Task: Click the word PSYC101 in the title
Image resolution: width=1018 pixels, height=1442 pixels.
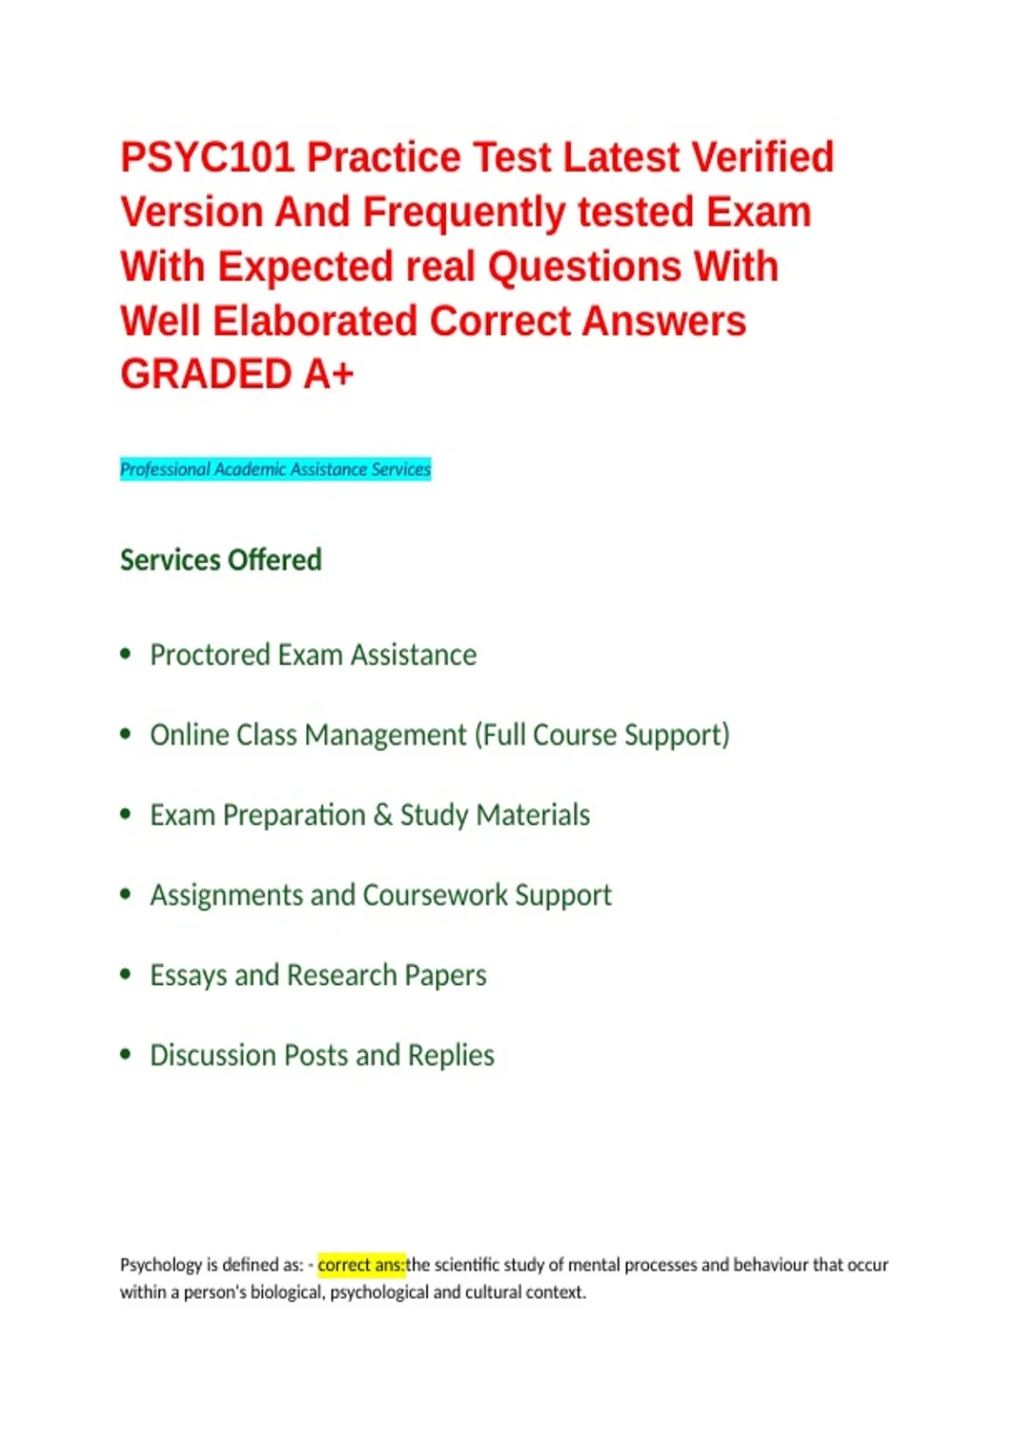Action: coord(207,157)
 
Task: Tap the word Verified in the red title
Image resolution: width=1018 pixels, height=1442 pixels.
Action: coord(763,157)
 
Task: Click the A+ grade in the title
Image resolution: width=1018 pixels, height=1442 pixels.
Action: coord(328,374)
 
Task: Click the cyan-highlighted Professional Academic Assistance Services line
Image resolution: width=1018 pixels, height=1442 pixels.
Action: coord(275,469)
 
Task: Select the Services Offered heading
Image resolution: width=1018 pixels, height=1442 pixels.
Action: coord(221,560)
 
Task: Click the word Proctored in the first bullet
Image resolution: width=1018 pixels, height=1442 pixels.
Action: coord(210,655)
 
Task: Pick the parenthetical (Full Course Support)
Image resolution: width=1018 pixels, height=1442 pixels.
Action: coord(602,735)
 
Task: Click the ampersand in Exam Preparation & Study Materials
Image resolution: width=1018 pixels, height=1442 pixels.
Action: coord(383,815)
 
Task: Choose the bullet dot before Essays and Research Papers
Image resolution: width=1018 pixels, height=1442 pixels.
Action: coord(126,975)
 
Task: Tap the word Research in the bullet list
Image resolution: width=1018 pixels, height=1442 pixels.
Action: coord(342,975)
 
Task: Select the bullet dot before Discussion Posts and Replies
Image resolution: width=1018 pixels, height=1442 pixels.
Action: coord(126,1054)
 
